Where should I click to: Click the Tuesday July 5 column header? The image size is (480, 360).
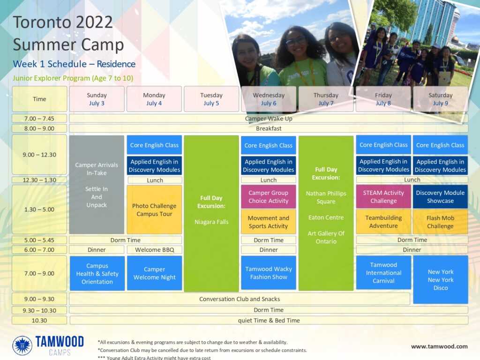point(211,99)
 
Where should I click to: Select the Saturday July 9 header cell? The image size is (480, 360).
point(440,99)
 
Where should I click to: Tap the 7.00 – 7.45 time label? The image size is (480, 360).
point(39,119)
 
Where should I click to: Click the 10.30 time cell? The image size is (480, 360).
point(39,321)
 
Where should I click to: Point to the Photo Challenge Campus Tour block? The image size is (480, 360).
point(154,210)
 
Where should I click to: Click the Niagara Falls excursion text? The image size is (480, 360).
point(211,222)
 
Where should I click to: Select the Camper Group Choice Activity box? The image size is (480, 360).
point(269,197)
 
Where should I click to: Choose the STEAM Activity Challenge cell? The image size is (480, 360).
point(383,196)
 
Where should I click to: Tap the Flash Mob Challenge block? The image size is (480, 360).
point(440,222)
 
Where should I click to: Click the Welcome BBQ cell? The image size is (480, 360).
point(155,250)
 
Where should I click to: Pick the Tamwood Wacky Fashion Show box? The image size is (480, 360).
point(269,273)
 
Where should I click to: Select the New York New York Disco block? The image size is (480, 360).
point(441,280)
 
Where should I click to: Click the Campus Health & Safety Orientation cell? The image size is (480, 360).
point(97,274)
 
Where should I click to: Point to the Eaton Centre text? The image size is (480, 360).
point(326,217)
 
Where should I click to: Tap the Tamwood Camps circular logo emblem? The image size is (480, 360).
point(22,345)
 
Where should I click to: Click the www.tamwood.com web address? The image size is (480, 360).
point(439,346)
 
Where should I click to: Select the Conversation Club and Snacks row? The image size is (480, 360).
point(240,299)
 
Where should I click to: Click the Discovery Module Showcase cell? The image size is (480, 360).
point(440,196)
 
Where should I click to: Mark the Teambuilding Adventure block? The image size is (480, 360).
point(383,222)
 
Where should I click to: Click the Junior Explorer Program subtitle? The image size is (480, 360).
point(73,78)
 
